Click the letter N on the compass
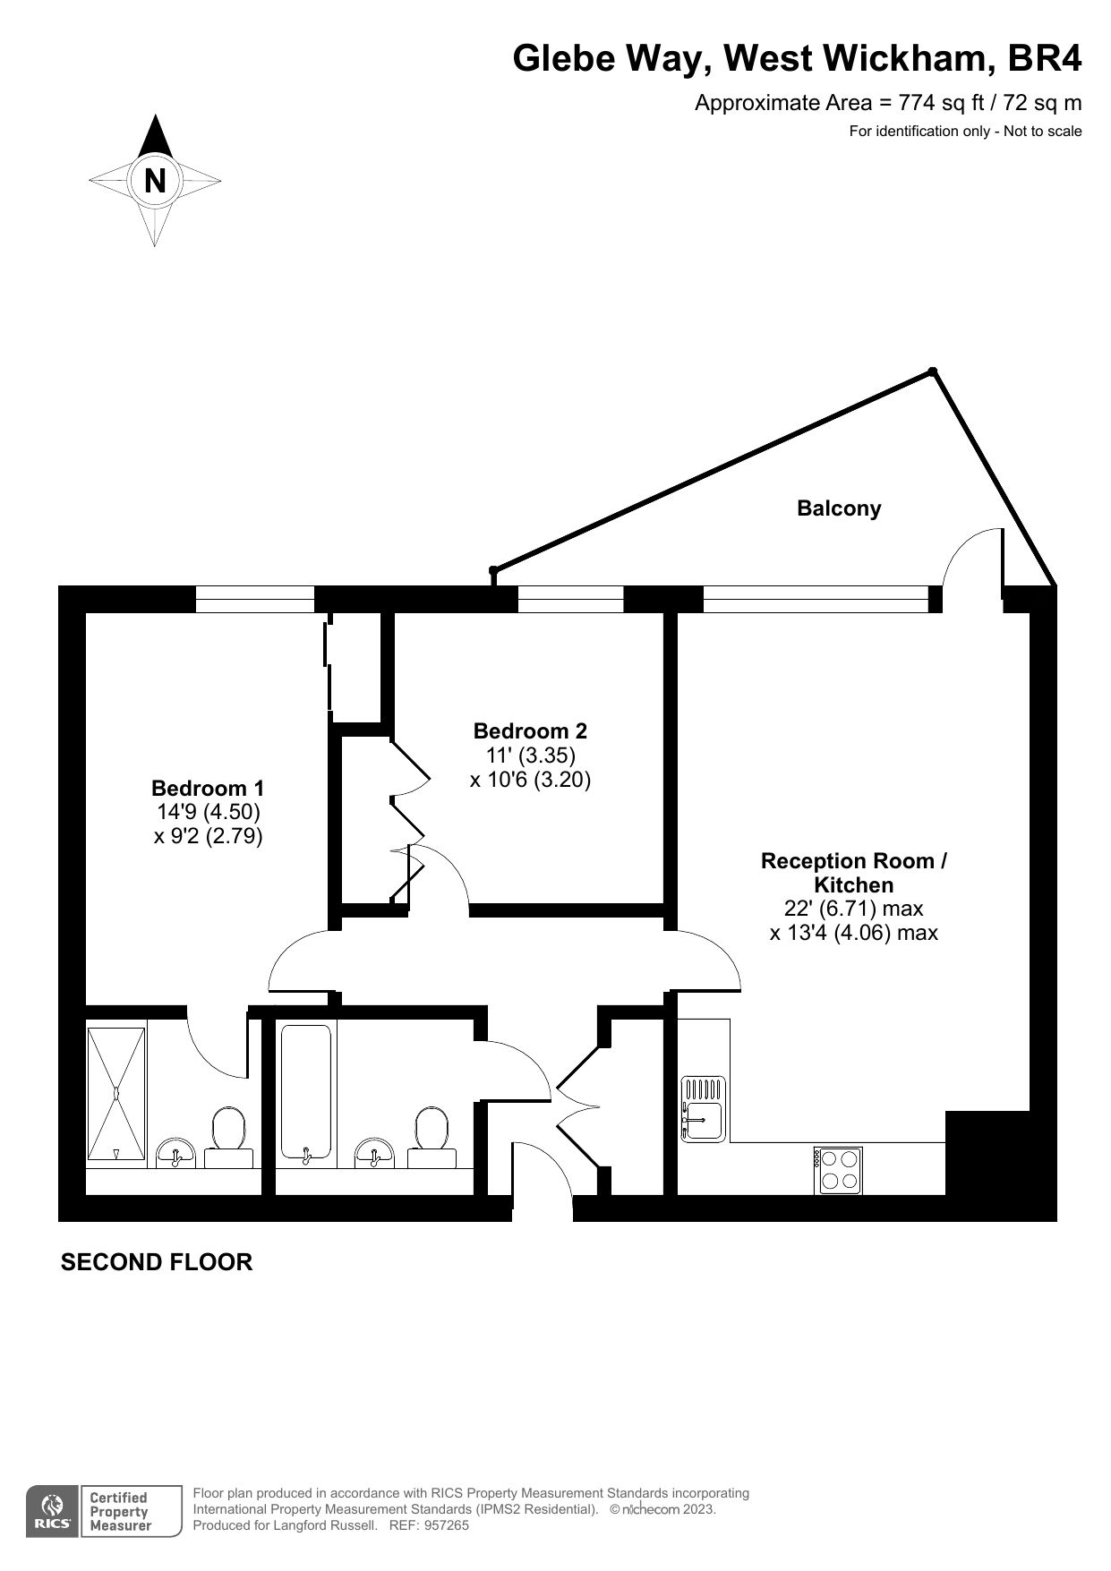click(155, 181)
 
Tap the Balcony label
click(839, 508)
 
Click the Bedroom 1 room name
click(208, 789)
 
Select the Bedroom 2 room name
click(530, 731)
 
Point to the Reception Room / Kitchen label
click(853, 873)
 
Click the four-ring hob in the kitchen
click(839, 1170)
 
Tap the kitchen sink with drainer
click(702, 1109)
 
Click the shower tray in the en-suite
click(116, 1093)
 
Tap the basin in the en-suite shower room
click(175, 1152)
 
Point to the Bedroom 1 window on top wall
click(255, 599)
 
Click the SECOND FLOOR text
click(157, 1262)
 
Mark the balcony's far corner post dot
click(932, 371)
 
